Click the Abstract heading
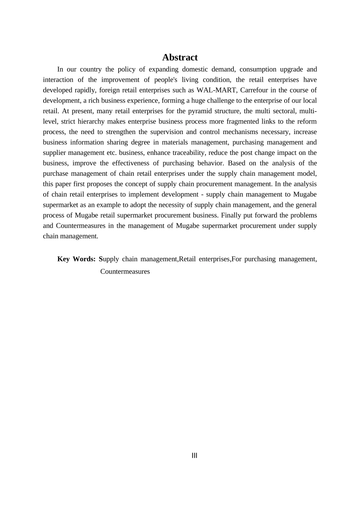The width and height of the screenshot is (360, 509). [180, 57]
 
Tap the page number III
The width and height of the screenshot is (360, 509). [194, 456]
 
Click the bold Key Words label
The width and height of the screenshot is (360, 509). [76, 259]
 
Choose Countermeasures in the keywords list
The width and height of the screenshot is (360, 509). [125, 272]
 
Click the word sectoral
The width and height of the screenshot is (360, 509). [283, 111]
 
